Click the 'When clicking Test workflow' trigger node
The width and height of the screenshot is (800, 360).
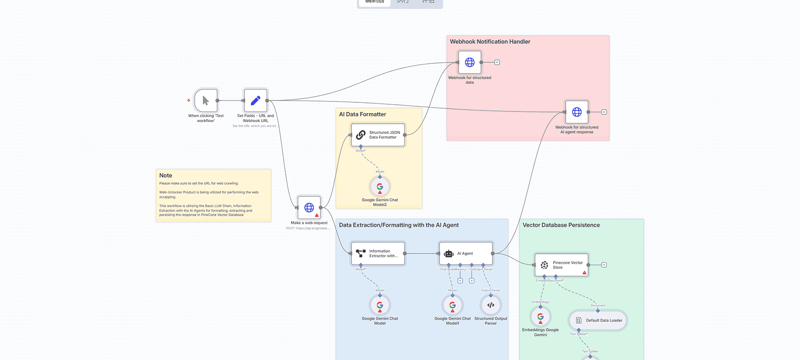coord(206,100)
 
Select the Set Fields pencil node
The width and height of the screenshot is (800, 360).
coord(256,100)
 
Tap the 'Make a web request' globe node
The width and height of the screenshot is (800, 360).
coord(309,208)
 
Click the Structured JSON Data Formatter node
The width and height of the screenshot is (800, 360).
coord(378,135)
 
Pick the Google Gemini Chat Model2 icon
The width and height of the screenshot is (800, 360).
coord(380,187)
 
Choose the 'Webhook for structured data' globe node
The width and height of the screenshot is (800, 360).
coord(470,62)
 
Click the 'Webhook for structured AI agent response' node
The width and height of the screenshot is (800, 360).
coord(577,112)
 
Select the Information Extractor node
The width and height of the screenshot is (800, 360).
coord(378,253)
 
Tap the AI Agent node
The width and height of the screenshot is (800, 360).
coord(466,253)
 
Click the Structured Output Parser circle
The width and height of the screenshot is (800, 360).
coord(491,305)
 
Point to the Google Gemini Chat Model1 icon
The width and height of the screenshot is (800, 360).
coord(452,305)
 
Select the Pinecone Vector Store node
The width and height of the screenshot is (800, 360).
coord(562,265)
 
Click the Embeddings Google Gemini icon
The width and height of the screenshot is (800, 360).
coord(540,317)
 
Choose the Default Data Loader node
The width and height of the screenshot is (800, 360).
coord(598,320)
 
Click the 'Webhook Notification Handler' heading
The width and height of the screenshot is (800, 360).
coord(490,42)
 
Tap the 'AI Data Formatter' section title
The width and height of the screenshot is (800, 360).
coord(362,114)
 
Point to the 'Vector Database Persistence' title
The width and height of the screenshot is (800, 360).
coord(561,225)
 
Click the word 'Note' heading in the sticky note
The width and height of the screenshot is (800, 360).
coord(166,176)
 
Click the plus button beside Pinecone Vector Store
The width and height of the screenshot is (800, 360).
coord(604,265)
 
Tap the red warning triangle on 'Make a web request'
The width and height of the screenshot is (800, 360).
coord(317,215)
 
